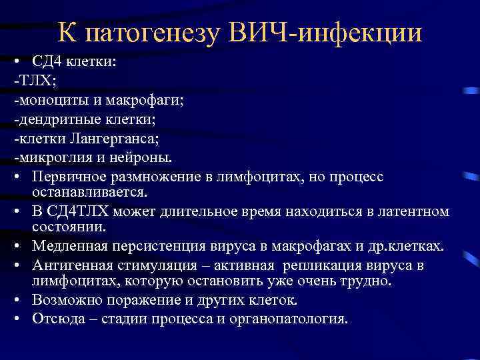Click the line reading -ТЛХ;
tap(28, 81)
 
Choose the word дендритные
tap(56, 120)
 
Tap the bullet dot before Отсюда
tap(17, 318)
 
